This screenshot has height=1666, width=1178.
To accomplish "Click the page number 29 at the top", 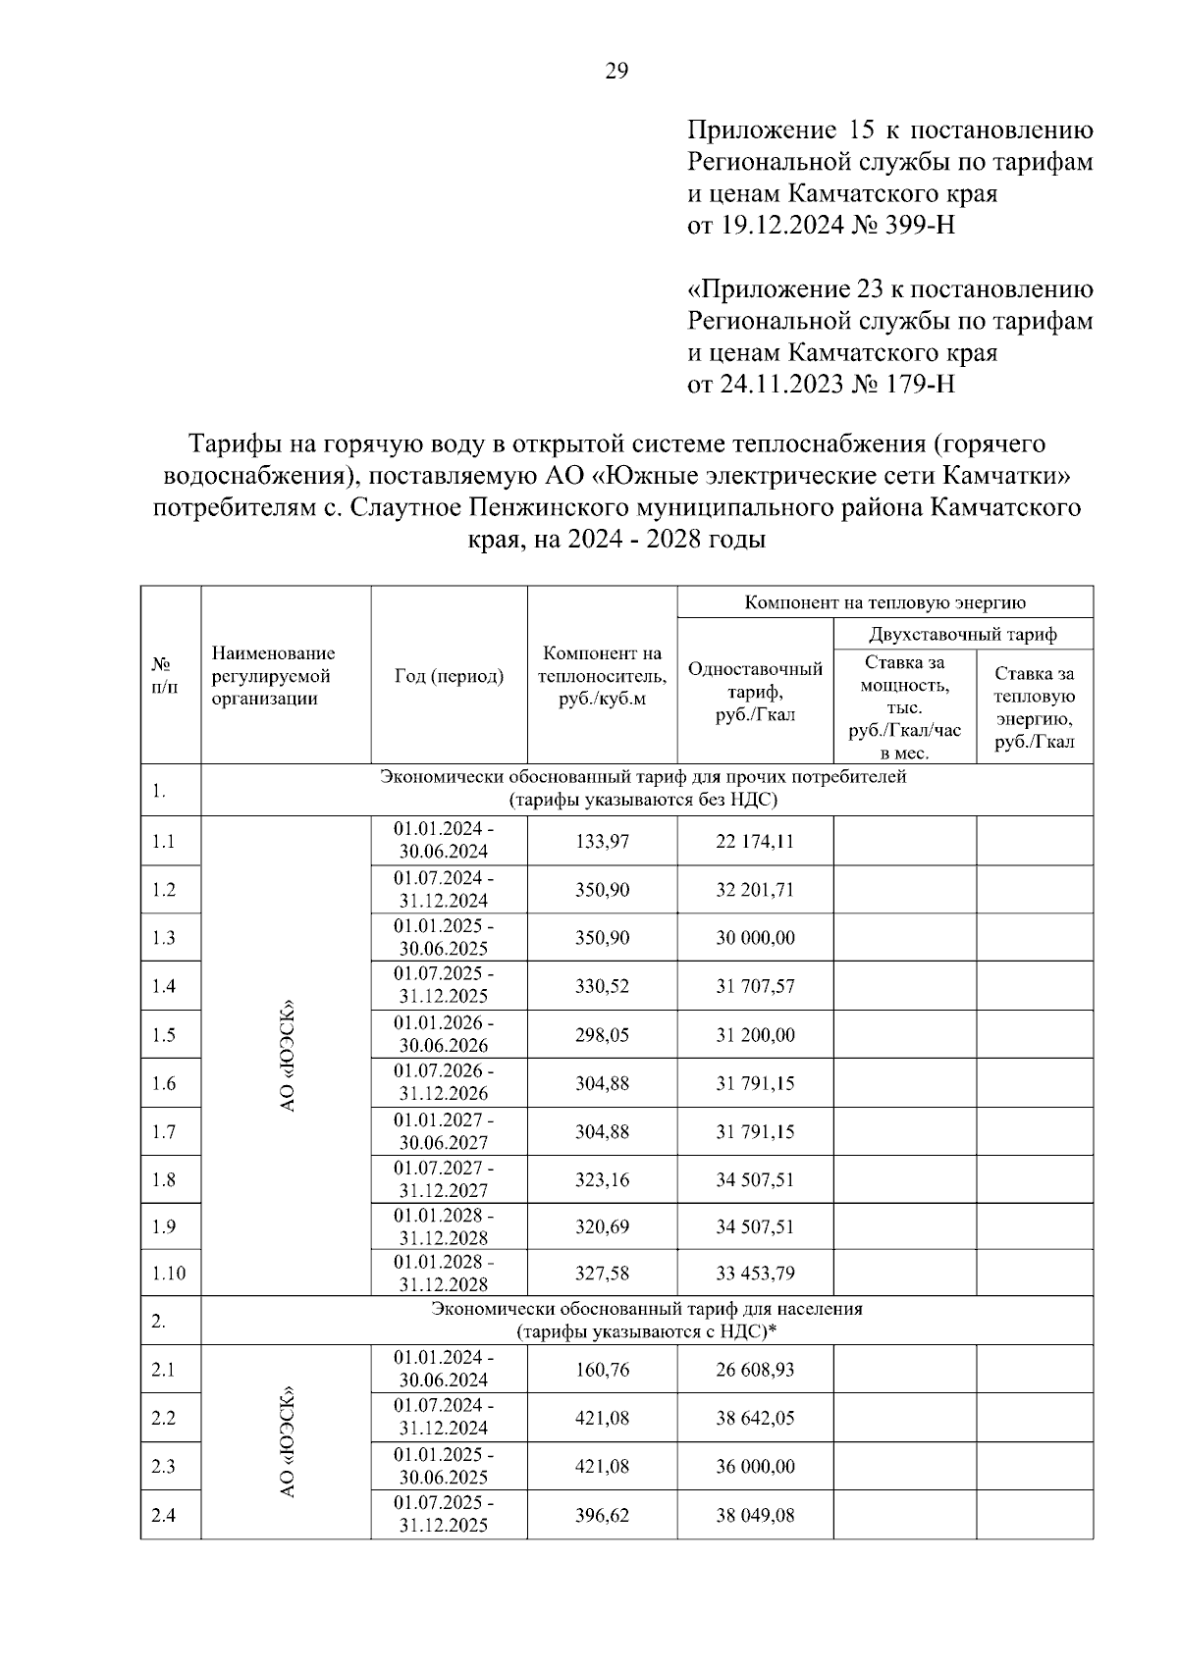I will [616, 71].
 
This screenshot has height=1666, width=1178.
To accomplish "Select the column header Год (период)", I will [449, 676].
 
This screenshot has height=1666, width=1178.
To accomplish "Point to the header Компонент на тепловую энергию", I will [884, 602].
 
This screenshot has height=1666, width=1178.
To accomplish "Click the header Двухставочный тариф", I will [962, 634].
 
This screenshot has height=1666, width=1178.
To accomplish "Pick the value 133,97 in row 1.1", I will [602, 841].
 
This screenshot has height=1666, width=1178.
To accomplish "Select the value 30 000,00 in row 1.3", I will [754, 938].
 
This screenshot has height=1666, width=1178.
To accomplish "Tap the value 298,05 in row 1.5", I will [602, 1034].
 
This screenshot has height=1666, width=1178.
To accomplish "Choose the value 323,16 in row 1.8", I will [602, 1179].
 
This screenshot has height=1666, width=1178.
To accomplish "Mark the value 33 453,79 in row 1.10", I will [754, 1274].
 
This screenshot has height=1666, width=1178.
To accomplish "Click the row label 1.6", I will [163, 1083].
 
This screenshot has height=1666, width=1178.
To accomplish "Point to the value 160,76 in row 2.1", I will [602, 1369].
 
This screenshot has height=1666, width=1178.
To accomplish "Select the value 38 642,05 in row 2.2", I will [754, 1418].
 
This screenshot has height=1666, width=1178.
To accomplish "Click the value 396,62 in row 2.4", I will [602, 1515].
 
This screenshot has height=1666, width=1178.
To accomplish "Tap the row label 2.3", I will [163, 1466].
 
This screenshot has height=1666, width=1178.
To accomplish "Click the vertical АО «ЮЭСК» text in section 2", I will [287, 1441].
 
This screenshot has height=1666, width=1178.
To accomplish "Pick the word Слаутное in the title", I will [406, 508].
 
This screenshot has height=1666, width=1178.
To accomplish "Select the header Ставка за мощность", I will [905, 673].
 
